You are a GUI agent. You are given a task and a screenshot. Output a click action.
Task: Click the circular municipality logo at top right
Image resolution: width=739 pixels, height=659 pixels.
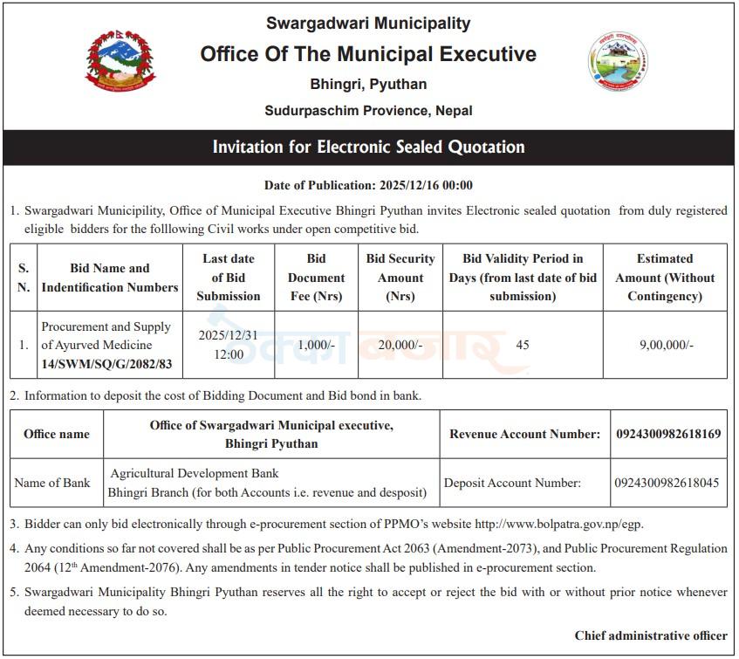[618, 62]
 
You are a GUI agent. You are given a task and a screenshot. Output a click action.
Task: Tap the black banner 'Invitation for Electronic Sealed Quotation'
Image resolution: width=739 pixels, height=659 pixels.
[368, 148]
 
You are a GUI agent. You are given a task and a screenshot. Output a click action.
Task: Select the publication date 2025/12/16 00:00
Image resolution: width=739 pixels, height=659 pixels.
[426, 185]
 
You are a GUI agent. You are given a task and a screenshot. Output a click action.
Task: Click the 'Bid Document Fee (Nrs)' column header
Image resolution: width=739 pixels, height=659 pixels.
[316, 278]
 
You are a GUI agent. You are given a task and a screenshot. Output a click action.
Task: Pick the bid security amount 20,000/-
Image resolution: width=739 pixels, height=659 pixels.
[400, 345]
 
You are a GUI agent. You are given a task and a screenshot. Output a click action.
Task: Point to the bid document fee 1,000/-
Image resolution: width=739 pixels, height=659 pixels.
[316, 345]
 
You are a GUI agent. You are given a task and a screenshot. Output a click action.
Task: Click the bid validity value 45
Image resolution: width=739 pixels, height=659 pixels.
[523, 345]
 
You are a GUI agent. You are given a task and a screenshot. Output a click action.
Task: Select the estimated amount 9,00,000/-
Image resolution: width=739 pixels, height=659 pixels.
[666, 345]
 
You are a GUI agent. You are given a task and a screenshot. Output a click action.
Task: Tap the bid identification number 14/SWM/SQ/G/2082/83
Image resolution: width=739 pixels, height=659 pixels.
[106, 364]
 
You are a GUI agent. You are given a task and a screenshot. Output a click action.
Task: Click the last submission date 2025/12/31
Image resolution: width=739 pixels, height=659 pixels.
[228, 335]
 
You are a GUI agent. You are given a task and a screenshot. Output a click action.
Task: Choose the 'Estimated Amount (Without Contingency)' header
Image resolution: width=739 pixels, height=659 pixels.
[665, 278]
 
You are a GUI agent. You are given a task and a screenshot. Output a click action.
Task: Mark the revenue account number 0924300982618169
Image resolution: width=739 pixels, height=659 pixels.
[668, 434]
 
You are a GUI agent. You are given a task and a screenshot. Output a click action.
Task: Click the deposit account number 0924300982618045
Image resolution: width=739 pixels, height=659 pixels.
[667, 482]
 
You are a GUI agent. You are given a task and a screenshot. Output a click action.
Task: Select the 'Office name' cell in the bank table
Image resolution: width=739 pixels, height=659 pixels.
[56, 434]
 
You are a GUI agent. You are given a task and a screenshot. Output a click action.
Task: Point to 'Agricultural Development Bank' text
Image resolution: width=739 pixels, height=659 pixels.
[195, 473]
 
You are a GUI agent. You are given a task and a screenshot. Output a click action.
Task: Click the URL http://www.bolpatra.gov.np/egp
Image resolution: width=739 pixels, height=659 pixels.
[558, 525]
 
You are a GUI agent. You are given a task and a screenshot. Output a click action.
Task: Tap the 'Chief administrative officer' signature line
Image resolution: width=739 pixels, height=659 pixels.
[651, 635]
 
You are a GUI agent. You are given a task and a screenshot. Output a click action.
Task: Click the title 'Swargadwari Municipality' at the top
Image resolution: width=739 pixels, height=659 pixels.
[368, 24]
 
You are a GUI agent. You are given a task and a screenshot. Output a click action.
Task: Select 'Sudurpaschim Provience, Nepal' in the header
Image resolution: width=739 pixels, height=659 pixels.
[368, 111]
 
